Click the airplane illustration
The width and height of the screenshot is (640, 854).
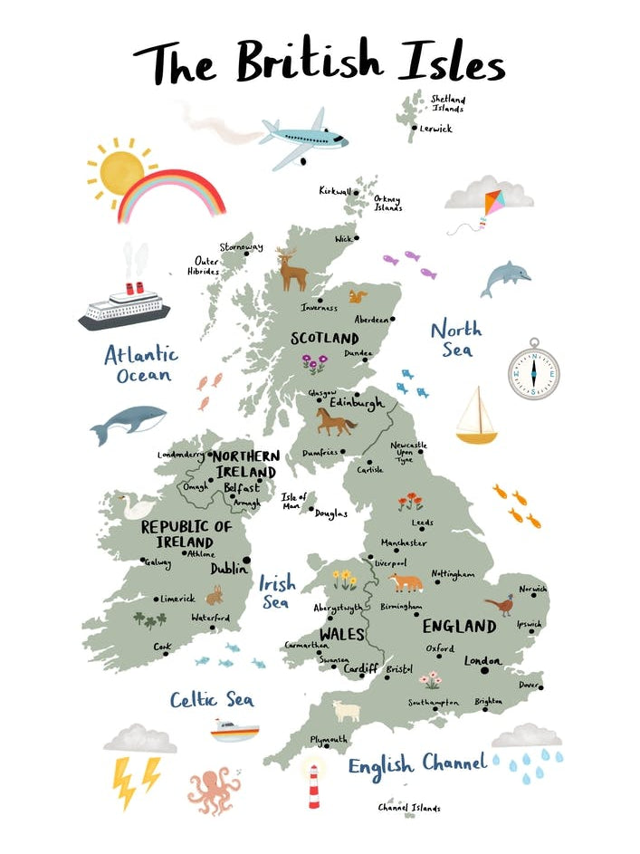coord(304,138)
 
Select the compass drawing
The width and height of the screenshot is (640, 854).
coord(533,369)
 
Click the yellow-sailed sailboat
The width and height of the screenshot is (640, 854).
coord(476,417)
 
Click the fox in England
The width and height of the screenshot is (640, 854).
coord(406,581)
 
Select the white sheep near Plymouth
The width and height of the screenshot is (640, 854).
coord(346,711)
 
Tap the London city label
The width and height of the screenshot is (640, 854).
coord(482,661)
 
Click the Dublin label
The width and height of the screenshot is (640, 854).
coord(229,569)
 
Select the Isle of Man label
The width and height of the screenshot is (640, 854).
coord(294,501)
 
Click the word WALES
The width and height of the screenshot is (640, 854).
coord(341,633)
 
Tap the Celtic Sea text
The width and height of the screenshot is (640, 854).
coord(212,699)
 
